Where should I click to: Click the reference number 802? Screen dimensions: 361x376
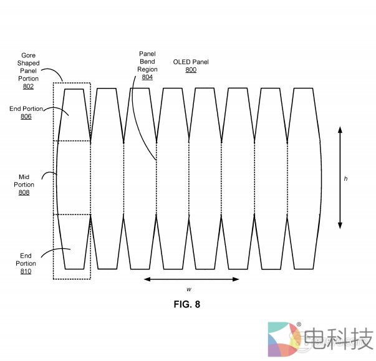pos(29,87)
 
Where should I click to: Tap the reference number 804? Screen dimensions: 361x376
pos(147,77)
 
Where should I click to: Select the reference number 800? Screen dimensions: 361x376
pos(191,70)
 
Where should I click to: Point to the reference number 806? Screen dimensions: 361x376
pos(26,117)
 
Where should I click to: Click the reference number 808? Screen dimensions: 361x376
pos(24,193)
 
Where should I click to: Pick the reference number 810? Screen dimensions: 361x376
pos(26,272)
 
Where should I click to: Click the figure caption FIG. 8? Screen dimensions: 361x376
pos(186,305)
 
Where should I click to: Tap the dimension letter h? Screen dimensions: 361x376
pos(345,179)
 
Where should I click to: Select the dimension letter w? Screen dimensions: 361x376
pos(189,289)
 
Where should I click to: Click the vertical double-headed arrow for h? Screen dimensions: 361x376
pos(340,177)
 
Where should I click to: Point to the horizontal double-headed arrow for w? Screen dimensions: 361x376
pos(191,279)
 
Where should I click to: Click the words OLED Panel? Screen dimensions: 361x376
pos(191,62)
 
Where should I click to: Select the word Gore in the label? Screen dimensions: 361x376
pos(29,55)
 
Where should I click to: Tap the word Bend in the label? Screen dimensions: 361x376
pos(147,62)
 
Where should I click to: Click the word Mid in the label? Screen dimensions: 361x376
pos(24,176)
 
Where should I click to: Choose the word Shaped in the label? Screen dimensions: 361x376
pos(29,63)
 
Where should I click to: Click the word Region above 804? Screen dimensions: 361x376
pos(147,69)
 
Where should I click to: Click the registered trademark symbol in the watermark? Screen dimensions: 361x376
pos(299,325)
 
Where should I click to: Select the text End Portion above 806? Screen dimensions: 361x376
pos(26,108)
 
